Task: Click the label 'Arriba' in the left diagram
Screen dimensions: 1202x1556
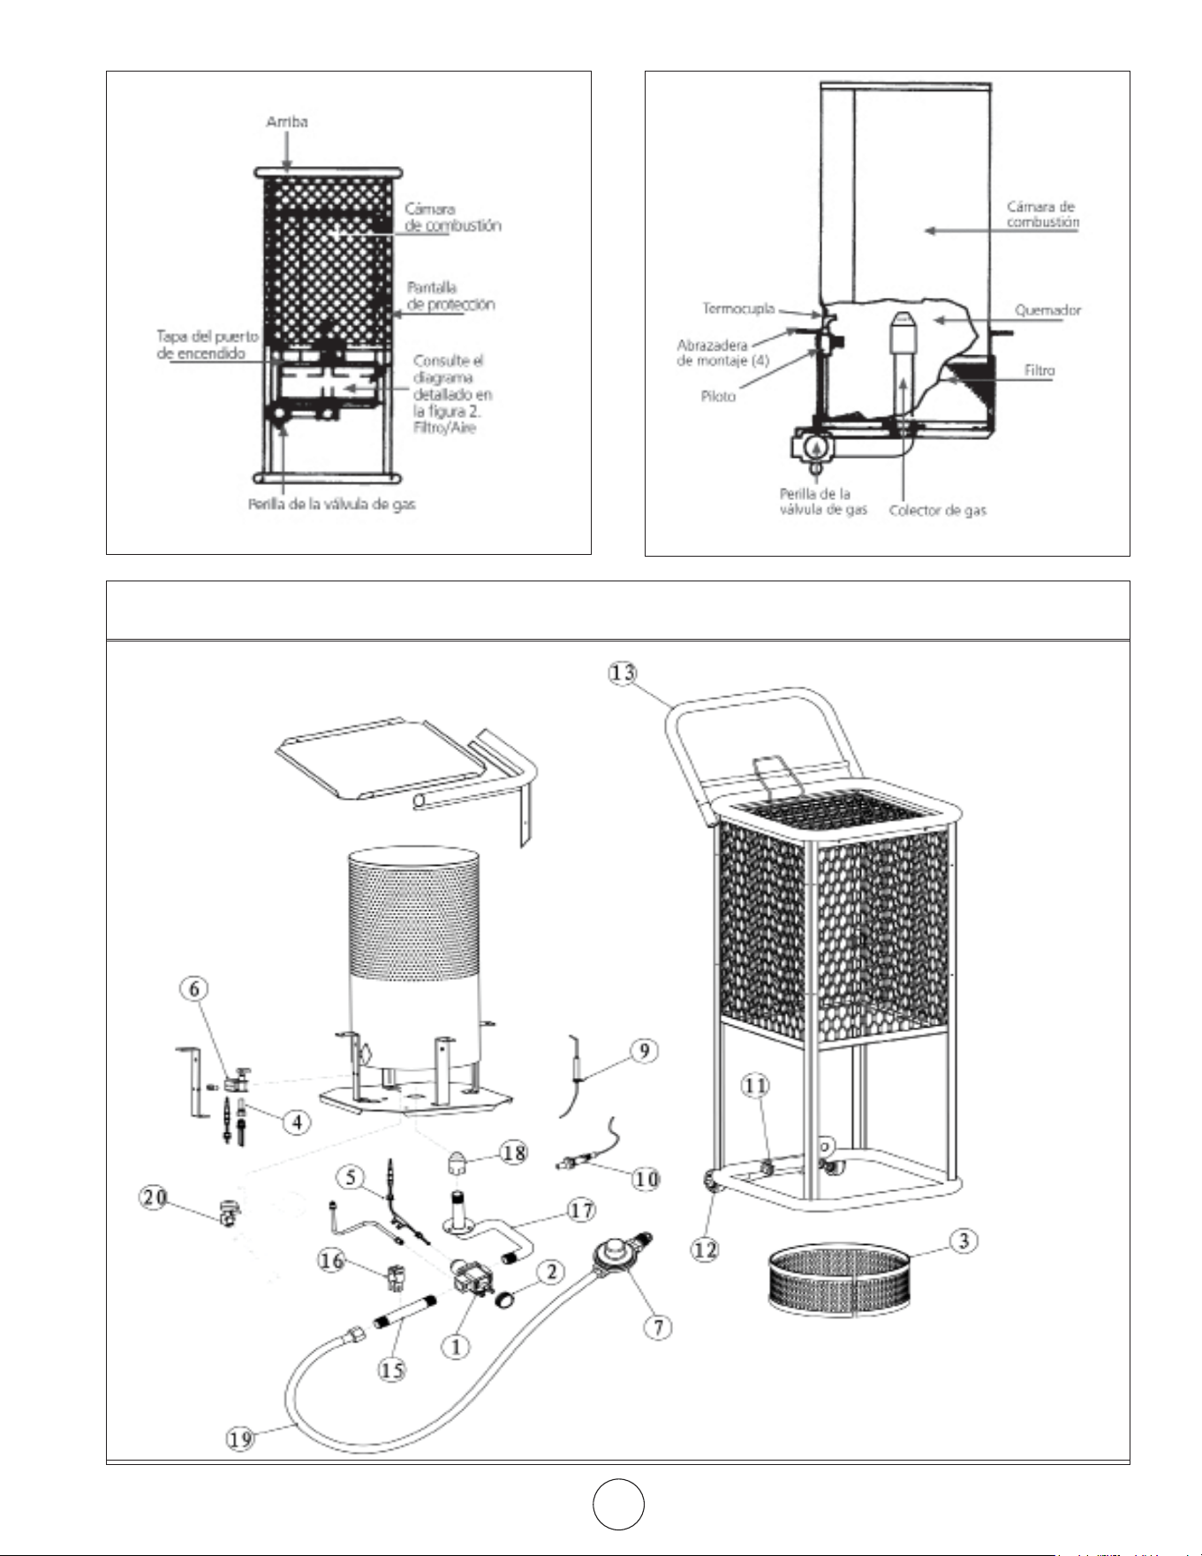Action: pyautogui.click(x=287, y=122)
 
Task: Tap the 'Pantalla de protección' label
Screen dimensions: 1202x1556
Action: pyautogui.click(x=450, y=296)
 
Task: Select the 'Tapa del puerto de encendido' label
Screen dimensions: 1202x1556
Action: pyautogui.click(x=208, y=345)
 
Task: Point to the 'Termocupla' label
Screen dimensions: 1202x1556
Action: pyautogui.click(x=738, y=308)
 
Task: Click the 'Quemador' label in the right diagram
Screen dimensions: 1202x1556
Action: pyautogui.click(x=1047, y=310)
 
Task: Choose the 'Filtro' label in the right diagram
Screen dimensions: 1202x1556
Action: pyautogui.click(x=1039, y=370)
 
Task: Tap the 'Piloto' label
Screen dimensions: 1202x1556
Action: pyautogui.click(x=718, y=397)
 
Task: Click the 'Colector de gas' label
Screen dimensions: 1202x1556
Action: pyautogui.click(x=937, y=511)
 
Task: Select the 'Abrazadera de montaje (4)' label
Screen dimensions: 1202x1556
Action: pyautogui.click(x=723, y=353)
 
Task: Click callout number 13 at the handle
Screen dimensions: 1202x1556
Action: pyautogui.click(x=622, y=673)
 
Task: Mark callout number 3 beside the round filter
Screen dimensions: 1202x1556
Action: pyautogui.click(x=964, y=1241)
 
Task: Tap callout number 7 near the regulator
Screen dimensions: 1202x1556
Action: pyautogui.click(x=658, y=1326)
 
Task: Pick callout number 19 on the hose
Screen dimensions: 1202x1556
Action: pyautogui.click(x=240, y=1438)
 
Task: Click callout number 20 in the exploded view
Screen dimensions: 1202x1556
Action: pyautogui.click(x=155, y=1198)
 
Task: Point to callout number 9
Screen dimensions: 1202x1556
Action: pyautogui.click(x=645, y=1051)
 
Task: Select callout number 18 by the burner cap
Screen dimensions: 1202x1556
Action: pyautogui.click(x=514, y=1152)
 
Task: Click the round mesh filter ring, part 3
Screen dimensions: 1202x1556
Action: pyautogui.click(x=840, y=1280)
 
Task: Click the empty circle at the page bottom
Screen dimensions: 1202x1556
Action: pyautogui.click(x=618, y=1503)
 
